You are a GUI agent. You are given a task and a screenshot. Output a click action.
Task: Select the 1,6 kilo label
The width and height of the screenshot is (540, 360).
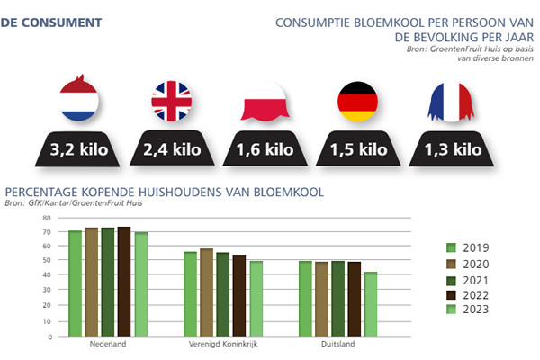(x=265, y=148)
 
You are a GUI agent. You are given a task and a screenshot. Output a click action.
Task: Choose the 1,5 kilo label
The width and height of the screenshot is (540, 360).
(x=357, y=148)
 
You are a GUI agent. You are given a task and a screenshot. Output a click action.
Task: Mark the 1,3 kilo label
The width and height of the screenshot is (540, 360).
(x=451, y=148)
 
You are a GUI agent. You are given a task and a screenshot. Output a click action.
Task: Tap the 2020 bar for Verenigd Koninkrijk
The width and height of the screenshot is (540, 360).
(x=206, y=291)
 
